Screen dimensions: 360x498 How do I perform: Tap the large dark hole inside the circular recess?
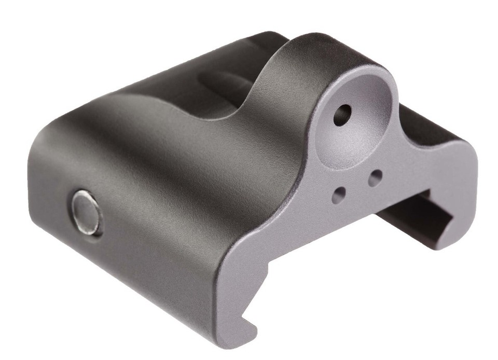[342, 114]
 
